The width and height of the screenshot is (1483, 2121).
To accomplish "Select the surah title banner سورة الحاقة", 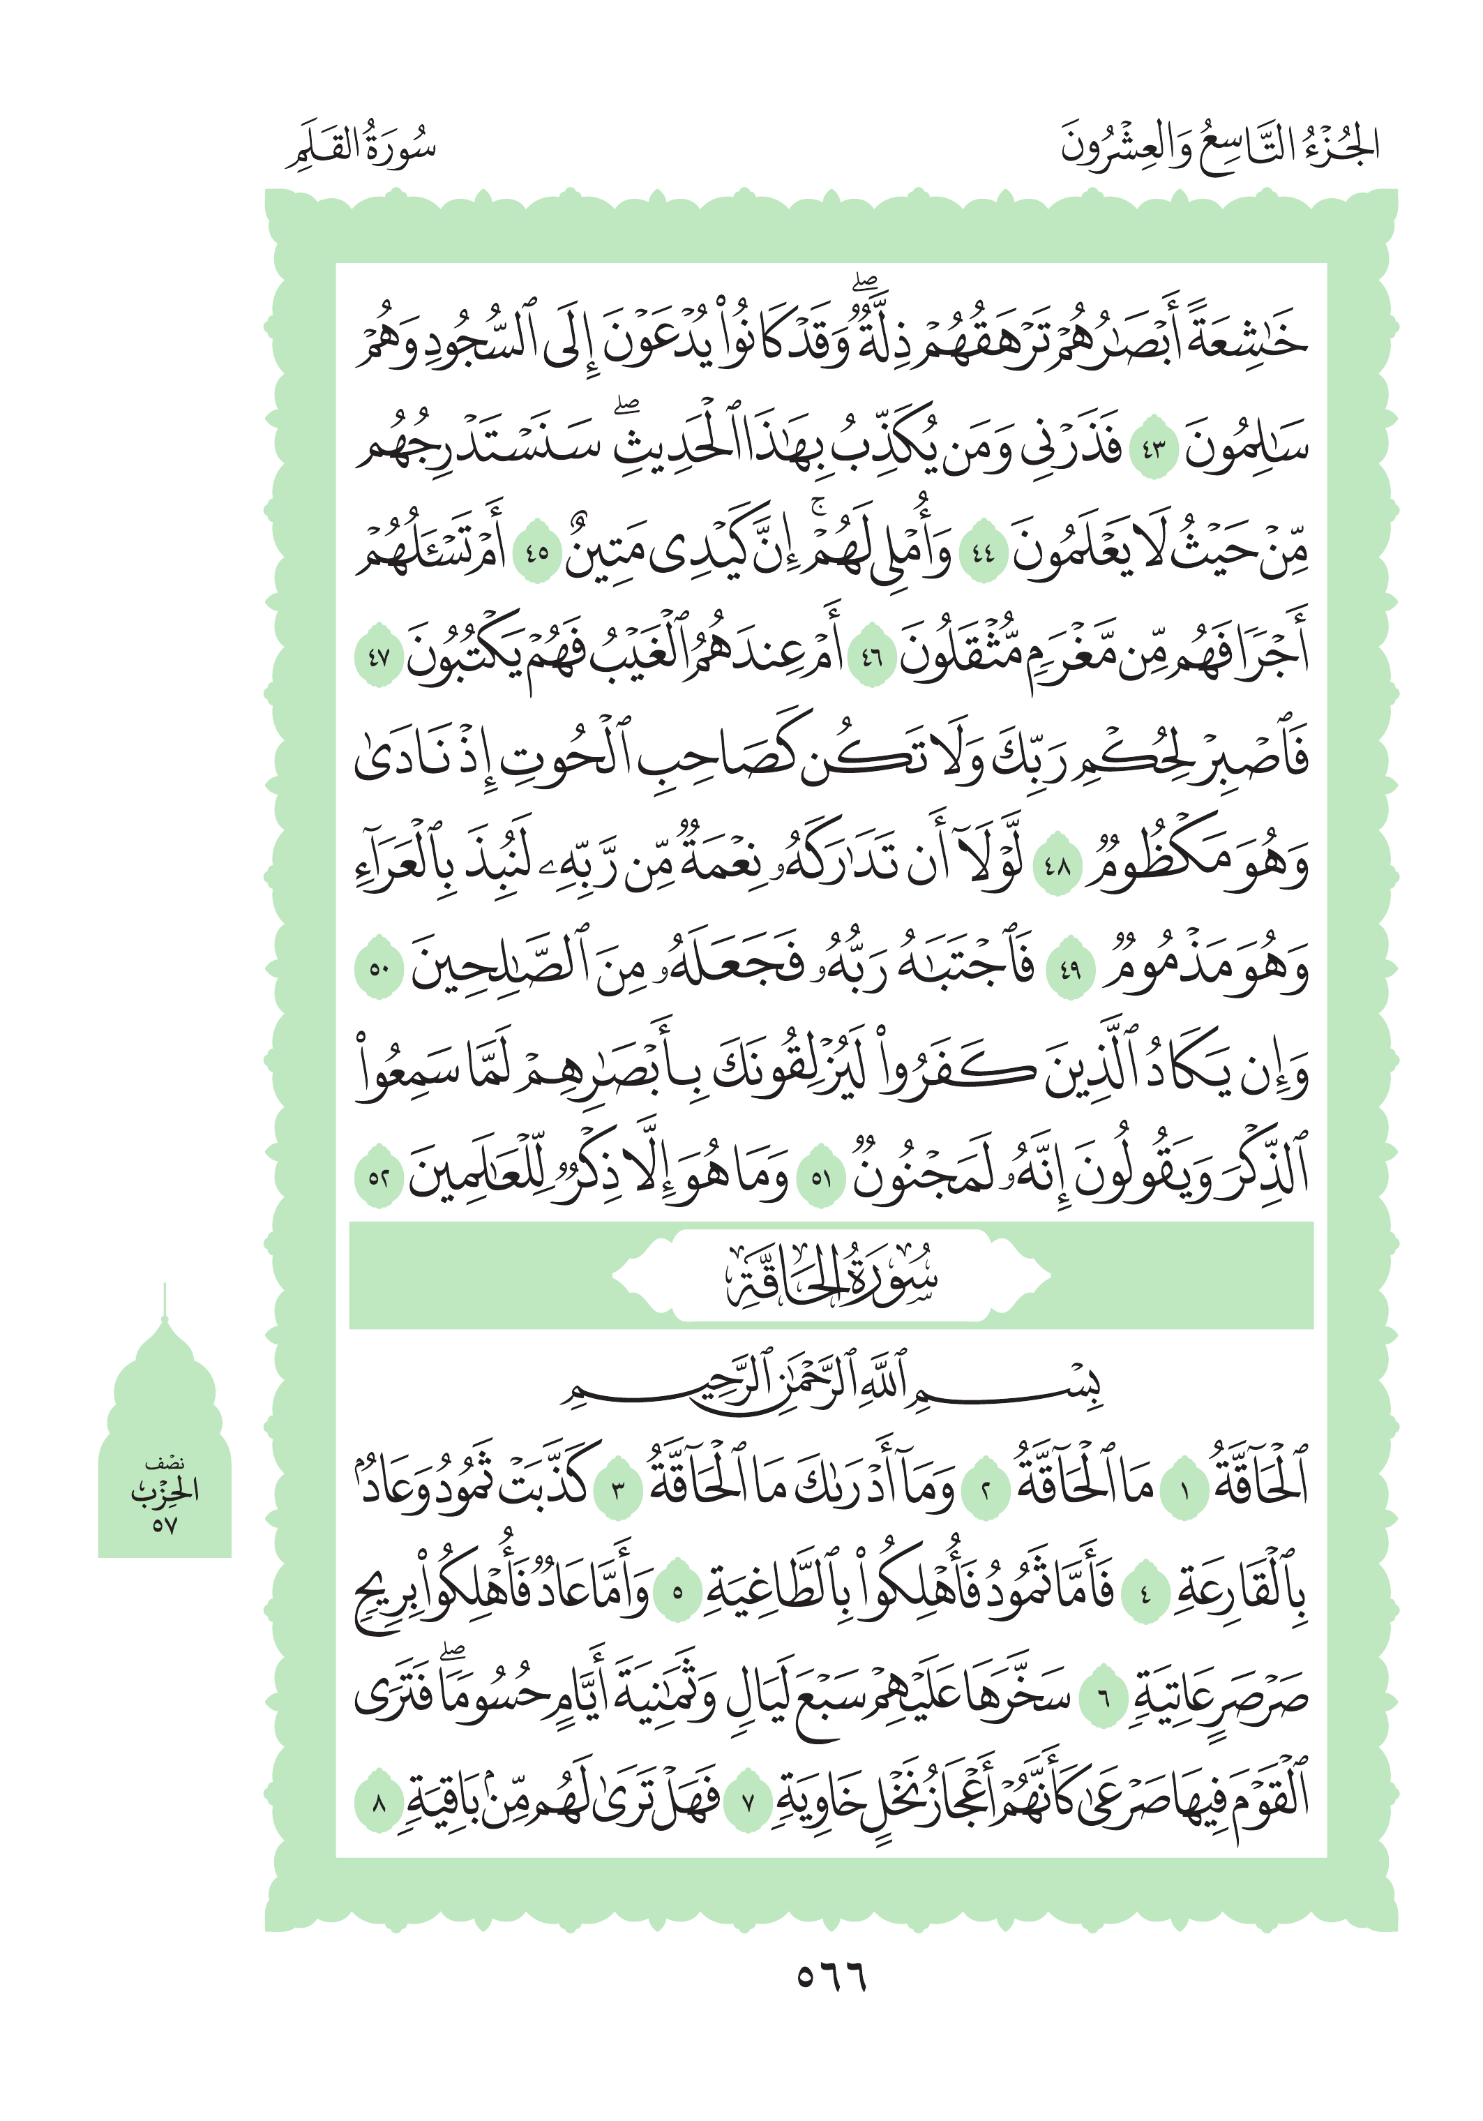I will coord(831,1276).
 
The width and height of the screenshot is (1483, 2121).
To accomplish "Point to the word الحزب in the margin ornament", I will coord(165,1490).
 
